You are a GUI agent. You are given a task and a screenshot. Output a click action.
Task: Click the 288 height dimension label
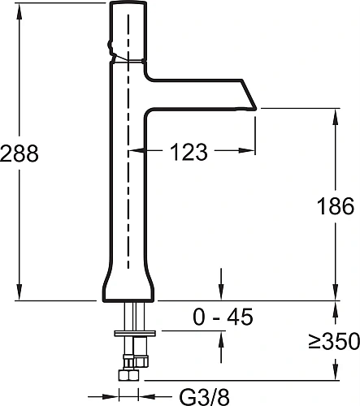coord(20,153)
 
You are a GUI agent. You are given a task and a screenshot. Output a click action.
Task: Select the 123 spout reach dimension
coord(189,151)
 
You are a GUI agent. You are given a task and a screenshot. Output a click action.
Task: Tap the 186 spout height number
coord(336,205)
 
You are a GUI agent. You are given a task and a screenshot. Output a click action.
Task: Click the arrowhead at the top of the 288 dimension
coord(20,6)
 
